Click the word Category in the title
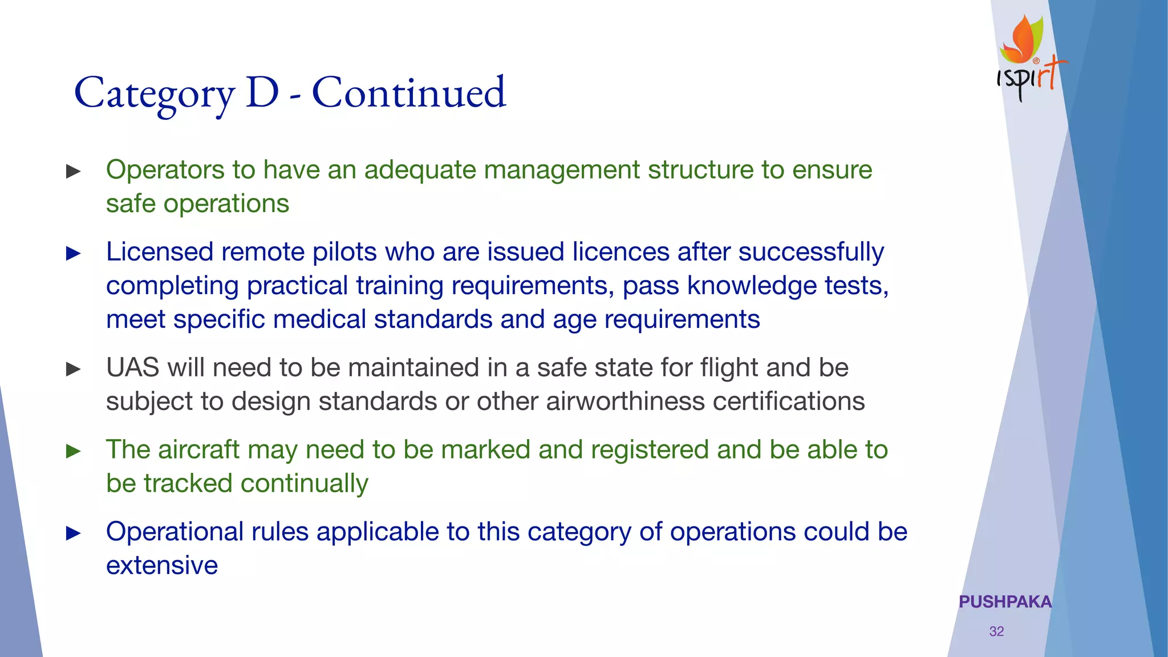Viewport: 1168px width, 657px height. click(x=154, y=94)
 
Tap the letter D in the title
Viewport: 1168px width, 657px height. click(x=262, y=92)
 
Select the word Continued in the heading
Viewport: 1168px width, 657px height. click(x=409, y=92)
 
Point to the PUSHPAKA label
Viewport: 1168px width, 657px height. click(x=1005, y=602)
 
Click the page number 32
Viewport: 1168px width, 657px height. click(x=996, y=631)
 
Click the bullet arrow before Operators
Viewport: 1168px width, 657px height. click(x=74, y=171)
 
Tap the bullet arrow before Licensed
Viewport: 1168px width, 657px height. click(x=74, y=253)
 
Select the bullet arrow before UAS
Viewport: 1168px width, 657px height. click(x=74, y=369)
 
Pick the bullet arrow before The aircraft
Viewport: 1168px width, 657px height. click(x=74, y=451)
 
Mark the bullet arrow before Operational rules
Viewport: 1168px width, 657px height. click(x=74, y=533)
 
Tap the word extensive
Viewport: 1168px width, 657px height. click(x=162, y=566)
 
